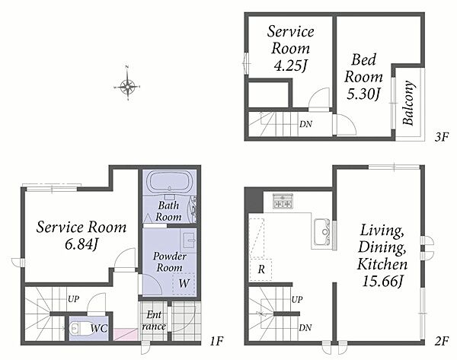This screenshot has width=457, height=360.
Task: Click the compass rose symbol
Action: tap(127, 86)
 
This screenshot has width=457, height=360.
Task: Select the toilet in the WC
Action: tap(77, 329)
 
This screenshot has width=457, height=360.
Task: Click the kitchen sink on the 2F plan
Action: tap(323, 231)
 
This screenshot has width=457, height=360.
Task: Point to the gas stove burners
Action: tap(282, 201)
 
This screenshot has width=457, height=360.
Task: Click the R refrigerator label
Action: tap(261, 269)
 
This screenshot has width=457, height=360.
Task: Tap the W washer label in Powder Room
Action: tap(184, 283)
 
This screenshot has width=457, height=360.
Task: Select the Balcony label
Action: tap(408, 103)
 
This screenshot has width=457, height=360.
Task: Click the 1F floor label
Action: tap(216, 340)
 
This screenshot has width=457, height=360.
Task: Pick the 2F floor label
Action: tap(441, 341)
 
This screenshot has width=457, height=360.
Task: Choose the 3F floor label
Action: tap(441, 136)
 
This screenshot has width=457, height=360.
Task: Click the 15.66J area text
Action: tap(382, 282)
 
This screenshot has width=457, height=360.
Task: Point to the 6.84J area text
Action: tap(81, 244)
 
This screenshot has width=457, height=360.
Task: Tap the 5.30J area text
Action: tap(363, 94)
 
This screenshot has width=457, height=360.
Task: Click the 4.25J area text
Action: tap(290, 65)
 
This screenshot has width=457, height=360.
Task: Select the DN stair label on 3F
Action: tap(305, 124)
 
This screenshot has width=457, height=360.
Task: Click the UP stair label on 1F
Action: tap(73, 299)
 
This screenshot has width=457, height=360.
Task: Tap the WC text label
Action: tap(99, 329)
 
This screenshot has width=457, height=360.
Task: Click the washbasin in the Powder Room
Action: tap(188, 241)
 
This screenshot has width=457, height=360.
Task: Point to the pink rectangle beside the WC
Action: tap(126, 334)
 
